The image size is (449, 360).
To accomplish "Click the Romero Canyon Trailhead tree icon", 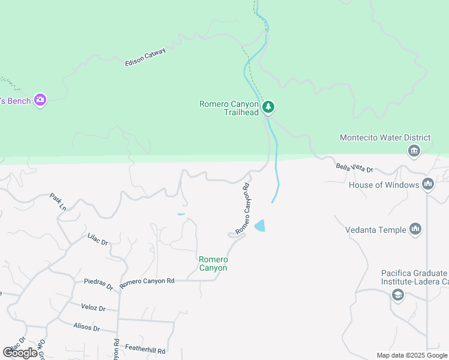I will [x=269, y=107].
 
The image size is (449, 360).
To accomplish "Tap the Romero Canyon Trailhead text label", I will [x=229, y=108].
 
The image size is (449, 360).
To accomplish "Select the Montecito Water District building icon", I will [x=414, y=151].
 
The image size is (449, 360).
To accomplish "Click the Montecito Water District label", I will [x=385, y=137].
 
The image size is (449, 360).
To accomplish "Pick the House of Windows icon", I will [x=428, y=184].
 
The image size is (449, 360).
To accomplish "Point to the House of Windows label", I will [x=384, y=185].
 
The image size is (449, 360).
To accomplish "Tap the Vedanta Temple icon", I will [x=415, y=229].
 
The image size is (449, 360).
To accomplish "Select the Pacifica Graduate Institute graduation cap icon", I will [x=397, y=294].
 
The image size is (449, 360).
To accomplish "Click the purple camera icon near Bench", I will [x=40, y=100].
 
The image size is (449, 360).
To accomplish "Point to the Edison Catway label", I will [x=145, y=57].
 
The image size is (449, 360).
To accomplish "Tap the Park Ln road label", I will [x=58, y=202].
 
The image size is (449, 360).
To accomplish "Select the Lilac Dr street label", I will [x=97, y=241].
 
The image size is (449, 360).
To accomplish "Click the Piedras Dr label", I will [x=98, y=283].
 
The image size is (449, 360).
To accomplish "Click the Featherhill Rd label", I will [x=145, y=348].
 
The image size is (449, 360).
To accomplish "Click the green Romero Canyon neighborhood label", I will [x=213, y=263].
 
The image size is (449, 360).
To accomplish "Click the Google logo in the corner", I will [x=20, y=353].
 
